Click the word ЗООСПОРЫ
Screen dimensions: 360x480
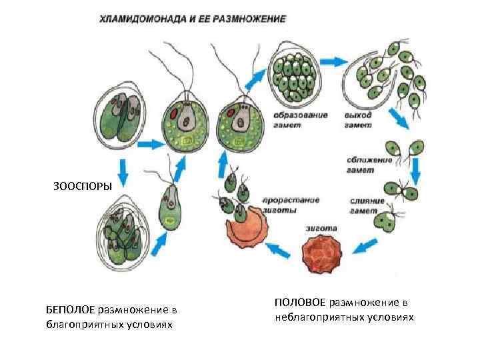[x=83, y=185]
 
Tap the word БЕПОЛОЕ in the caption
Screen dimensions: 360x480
[x=70, y=309]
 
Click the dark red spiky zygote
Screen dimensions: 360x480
[x=321, y=256]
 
